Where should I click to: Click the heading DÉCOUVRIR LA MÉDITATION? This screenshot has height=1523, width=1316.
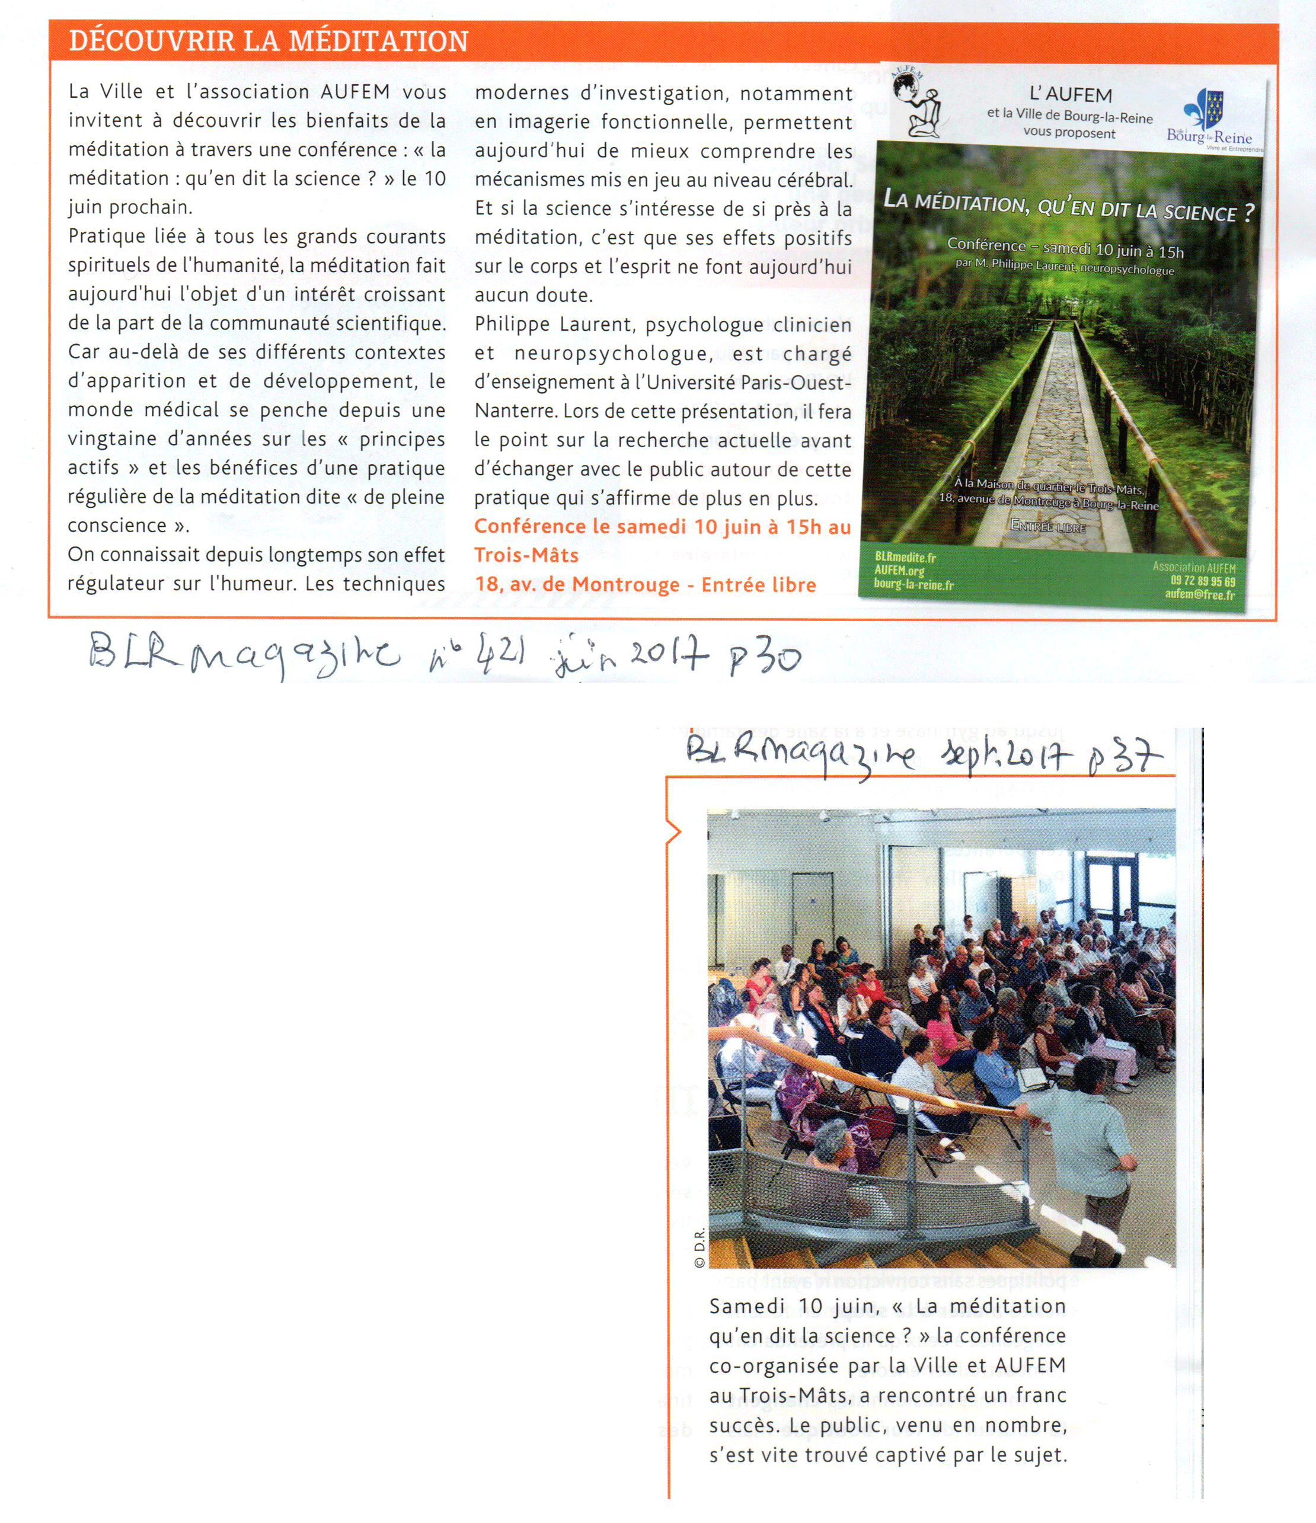[269, 41]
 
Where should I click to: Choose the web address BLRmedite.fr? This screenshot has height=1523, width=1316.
[905, 558]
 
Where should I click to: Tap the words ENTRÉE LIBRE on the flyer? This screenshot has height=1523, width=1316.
[1047, 526]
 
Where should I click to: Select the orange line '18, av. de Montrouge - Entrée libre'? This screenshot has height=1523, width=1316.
[646, 585]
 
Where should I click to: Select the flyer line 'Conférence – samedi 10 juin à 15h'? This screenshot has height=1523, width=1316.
[1065, 248]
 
